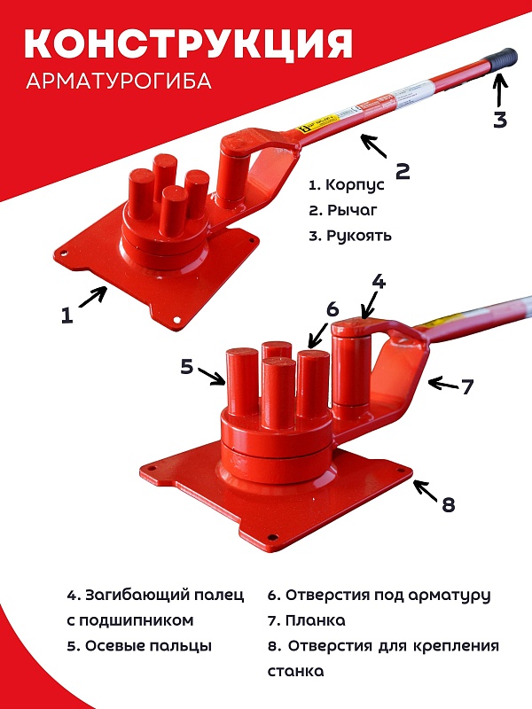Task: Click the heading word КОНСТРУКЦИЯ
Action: pos(188,43)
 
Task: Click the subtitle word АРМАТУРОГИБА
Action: pos(119,81)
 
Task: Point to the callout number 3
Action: pos(500,120)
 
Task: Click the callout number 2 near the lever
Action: pos(403,171)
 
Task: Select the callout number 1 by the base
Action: pos(67,316)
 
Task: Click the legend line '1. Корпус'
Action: pos(347,185)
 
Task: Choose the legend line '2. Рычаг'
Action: pos(343,210)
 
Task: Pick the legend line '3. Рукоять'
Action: pos(350,236)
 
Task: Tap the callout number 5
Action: pos(187,366)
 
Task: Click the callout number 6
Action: pos(332,309)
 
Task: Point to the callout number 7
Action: pos(468,386)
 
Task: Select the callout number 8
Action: pos(448,505)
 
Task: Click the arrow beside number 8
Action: pos(426,492)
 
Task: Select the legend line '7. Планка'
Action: pos(306,620)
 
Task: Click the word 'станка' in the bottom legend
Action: pos(295,672)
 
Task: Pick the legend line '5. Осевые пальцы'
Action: pos(139,646)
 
